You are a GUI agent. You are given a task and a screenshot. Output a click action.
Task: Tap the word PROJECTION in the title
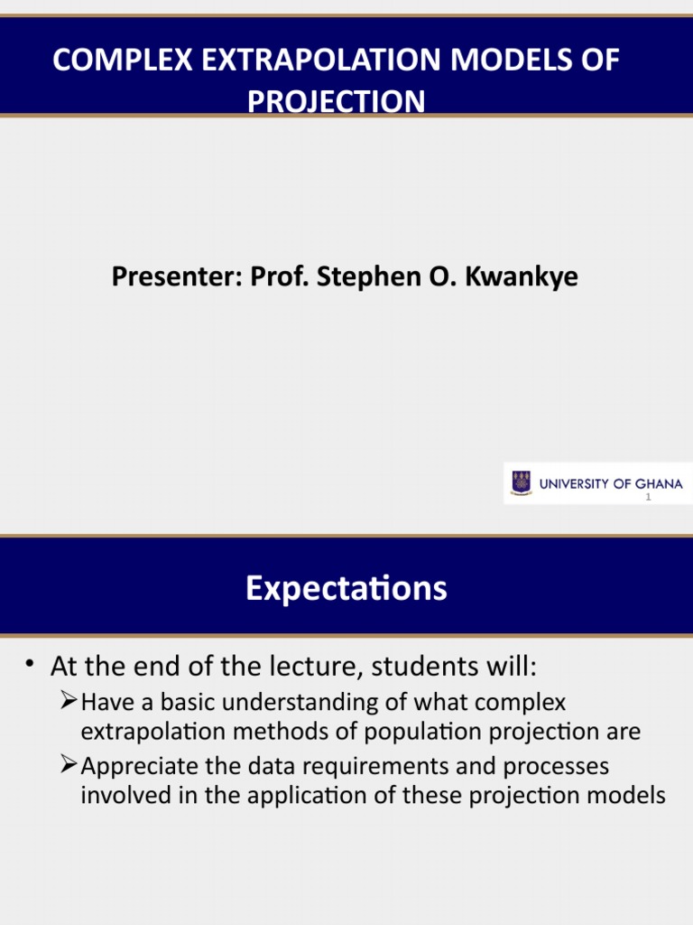[336, 101]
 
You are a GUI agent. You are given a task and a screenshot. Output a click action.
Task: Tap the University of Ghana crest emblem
[521, 483]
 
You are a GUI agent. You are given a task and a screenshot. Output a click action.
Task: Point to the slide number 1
[648, 497]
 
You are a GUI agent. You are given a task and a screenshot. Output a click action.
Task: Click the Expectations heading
[346, 589]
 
